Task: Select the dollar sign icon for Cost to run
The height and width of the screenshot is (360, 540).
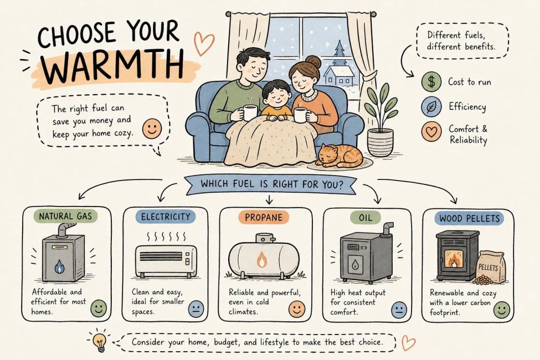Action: (431, 81)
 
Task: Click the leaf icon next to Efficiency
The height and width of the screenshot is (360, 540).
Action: (431, 107)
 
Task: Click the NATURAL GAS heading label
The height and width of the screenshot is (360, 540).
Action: (65, 217)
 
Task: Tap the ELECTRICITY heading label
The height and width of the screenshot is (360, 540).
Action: (166, 217)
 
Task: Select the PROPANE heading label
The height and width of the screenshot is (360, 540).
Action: (264, 217)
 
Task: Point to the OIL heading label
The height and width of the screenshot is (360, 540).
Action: (366, 217)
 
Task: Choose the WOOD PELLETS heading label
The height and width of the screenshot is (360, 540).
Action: (470, 218)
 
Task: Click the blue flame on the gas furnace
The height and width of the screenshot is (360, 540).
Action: (59, 266)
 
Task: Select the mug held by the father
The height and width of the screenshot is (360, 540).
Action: (249, 112)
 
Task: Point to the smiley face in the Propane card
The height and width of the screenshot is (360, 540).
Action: (297, 309)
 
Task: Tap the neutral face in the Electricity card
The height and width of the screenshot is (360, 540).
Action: (196, 308)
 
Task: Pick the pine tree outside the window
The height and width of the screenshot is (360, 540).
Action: (339, 53)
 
